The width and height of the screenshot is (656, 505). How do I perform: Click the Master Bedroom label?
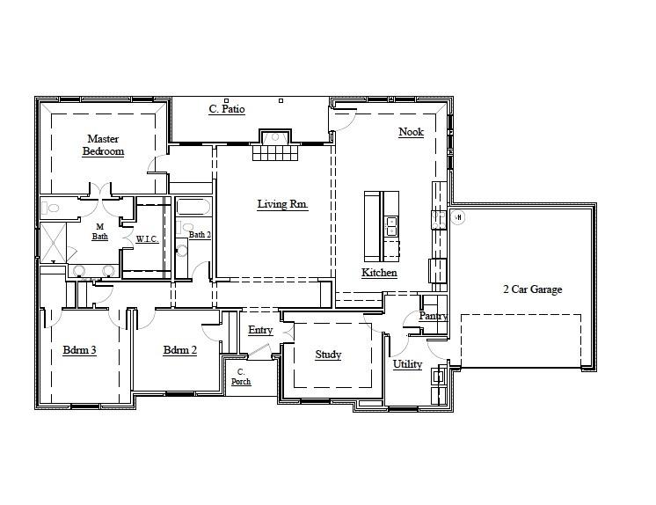tap(103, 145)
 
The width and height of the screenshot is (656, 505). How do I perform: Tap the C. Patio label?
tap(226, 110)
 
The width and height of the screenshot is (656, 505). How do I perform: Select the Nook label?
tap(411, 132)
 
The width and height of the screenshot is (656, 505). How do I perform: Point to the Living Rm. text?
tap(282, 204)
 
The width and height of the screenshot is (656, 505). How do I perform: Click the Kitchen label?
tap(379, 273)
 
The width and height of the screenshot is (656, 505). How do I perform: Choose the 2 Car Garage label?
tap(532, 289)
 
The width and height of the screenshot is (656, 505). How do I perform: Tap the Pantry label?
tap(433, 316)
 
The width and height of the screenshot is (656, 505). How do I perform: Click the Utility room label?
tap(407, 364)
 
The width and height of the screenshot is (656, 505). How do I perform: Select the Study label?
tap(328, 355)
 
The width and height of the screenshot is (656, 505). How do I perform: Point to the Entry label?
tap(259, 330)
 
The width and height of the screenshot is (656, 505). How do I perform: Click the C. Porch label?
tap(241, 377)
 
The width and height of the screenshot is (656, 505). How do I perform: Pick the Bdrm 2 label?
tap(179, 350)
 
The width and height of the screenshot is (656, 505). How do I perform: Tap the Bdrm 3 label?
tap(79, 350)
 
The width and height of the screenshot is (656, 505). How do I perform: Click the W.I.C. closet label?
tap(147, 239)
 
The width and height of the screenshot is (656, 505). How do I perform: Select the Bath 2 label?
tap(200, 235)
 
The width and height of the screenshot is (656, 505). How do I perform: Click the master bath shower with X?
tap(52, 240)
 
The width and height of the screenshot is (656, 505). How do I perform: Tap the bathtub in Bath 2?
tap(193, 208)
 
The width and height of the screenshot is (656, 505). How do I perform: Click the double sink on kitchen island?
tap(391, 227)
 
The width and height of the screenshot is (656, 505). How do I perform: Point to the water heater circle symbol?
tap(458, 217)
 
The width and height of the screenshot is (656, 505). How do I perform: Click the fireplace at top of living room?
tap(275, 138)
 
